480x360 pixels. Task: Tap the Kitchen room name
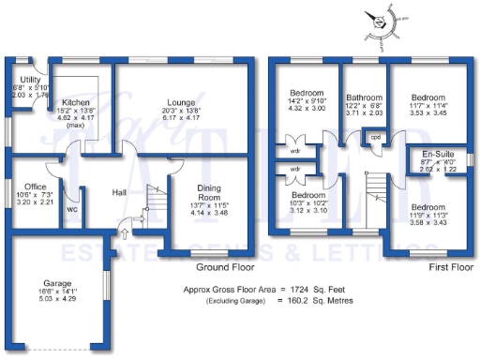[75, 101]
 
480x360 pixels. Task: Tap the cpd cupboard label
[376, 136]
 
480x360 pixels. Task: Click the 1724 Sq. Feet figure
[314, 291]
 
